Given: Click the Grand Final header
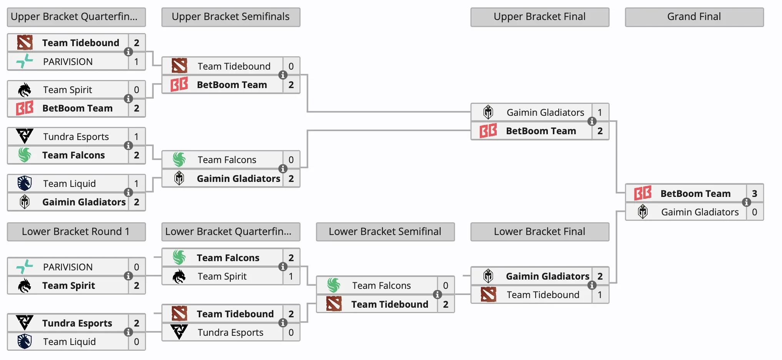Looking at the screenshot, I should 694,17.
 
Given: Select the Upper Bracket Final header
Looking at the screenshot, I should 539,17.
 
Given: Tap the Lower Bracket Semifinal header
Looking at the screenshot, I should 385,232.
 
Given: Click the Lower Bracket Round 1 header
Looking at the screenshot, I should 76,232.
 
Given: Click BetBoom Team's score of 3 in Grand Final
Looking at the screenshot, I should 754,193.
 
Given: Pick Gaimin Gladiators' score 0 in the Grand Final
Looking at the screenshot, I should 754,212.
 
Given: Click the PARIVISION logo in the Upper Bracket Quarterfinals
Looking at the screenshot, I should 25,62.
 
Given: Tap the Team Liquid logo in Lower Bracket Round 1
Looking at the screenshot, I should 25,341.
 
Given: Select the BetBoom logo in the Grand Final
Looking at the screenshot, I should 642,193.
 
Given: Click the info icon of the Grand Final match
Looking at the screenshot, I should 746,202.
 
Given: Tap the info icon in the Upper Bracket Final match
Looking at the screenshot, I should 592,122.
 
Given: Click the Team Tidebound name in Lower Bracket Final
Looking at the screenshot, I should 542,295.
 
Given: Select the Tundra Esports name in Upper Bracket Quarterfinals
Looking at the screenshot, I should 76,137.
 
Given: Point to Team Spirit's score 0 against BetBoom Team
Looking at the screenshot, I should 136,90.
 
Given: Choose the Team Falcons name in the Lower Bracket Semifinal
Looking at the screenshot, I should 381,285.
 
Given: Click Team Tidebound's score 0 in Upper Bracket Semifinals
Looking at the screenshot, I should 291,66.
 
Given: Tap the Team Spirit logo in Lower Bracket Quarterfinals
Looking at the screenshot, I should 179,276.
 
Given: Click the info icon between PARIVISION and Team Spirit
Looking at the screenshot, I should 128,276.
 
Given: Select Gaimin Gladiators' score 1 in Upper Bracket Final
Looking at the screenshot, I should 600,112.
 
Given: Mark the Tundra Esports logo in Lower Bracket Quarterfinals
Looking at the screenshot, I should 179,332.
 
